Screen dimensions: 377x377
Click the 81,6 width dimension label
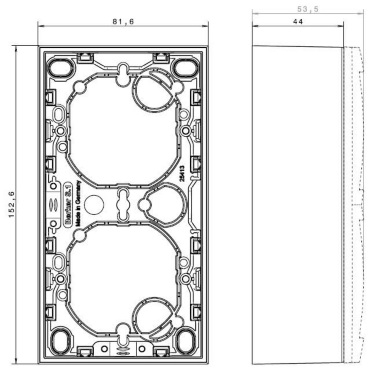pyautogui.click(x=123, y=22)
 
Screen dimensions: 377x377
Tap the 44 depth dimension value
pyautogui.click(x=298, y=22)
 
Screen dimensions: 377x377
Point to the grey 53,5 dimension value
pyautogui.click(x=308, y=9)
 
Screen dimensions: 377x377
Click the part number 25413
pyautogui.click(x=182, y=174)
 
